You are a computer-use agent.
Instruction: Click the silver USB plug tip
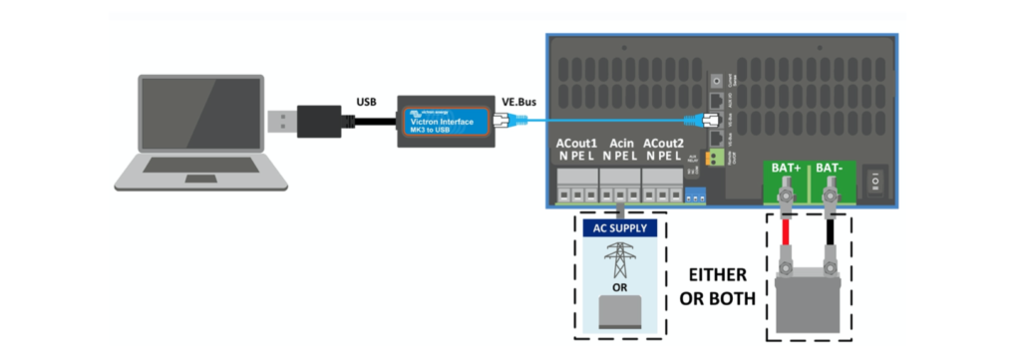[x=281, y=121]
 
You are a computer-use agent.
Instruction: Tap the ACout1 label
[x=575, y=145]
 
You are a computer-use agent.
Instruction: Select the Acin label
[x=620, y=145]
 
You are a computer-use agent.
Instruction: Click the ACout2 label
[x=664, y=145]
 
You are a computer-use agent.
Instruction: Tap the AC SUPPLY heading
[x=620, y=228]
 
